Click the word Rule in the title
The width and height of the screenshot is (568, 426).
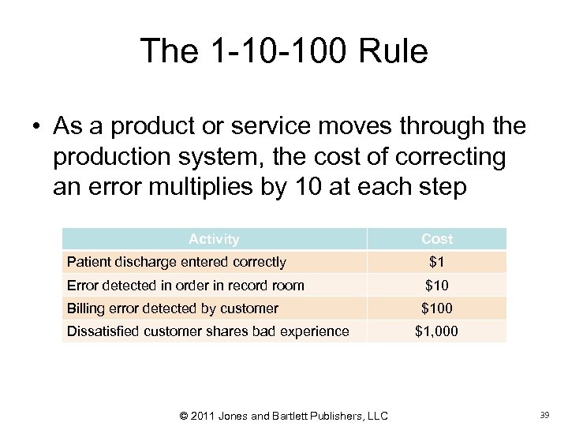391,52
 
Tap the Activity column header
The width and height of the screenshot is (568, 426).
214,239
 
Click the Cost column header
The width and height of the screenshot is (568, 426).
437,239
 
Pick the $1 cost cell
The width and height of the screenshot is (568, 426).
437,262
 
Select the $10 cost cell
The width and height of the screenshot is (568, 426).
437,285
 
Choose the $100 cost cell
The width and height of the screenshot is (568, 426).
437,308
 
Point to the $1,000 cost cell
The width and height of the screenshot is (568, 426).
437,331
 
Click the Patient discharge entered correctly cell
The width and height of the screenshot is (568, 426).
176,262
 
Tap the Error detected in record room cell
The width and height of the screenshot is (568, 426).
185,285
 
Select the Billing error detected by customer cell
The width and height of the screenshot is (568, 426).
172,308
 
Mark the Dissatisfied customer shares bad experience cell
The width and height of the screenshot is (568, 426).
207,331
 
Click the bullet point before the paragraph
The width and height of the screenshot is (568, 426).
37,126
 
